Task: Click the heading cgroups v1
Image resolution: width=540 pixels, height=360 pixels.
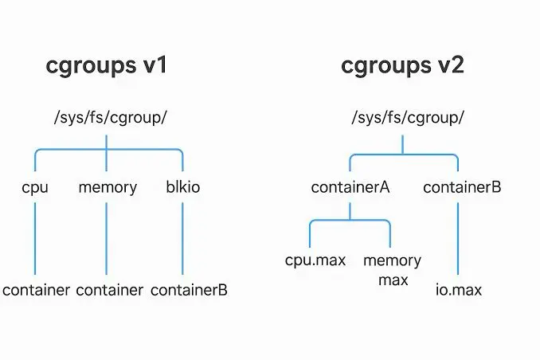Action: tap(107, 65)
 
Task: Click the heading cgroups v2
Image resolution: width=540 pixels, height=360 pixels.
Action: tap(402, 65)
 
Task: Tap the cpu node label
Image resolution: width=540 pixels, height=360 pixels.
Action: tap(36, 188)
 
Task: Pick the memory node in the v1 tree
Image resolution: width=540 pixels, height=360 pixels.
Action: tap(108, 188)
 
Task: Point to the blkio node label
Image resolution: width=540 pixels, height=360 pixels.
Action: tap(182, 188)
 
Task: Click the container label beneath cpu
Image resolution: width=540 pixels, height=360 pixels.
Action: tap(37, 290)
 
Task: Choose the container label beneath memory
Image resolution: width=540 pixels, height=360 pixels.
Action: tap(110, 290)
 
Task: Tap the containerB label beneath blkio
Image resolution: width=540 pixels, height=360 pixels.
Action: tap(190, 290)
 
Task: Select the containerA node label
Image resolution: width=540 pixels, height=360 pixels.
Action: tap(350, 188)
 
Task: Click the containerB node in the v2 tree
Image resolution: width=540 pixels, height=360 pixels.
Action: tap(462, 188)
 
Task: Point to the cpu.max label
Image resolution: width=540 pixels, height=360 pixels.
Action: tap(310, 260)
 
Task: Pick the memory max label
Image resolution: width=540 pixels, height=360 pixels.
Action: tap(393, 270)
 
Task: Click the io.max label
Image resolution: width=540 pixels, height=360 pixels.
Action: tap(458, 290)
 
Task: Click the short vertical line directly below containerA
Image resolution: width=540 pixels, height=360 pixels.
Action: tap(350, 210)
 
